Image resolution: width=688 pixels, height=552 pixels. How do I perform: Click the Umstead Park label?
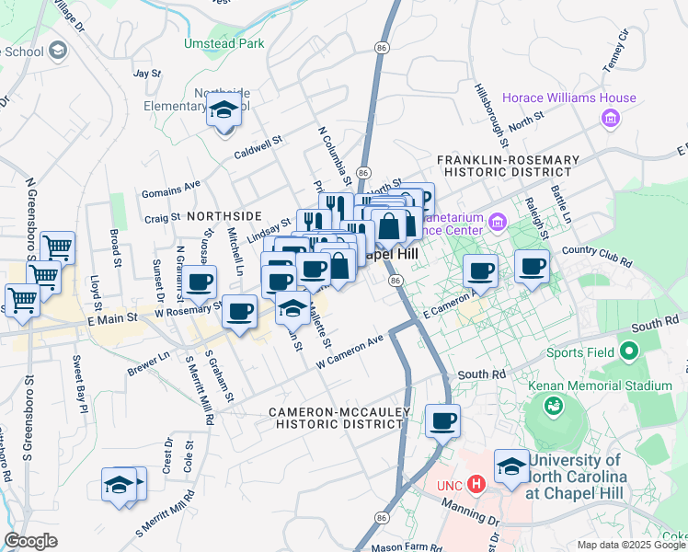coord(224,43)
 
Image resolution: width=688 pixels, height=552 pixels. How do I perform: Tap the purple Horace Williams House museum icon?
coord(609,118)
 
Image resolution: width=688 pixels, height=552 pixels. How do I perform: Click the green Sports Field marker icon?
coord(630,351)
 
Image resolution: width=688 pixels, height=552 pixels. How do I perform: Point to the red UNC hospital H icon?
coord(476,483)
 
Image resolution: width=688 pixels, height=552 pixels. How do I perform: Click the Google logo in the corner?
coord(30,541)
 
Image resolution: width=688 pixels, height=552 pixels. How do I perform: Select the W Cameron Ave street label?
coord(350,351)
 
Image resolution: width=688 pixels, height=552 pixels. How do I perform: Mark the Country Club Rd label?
coord(596,256)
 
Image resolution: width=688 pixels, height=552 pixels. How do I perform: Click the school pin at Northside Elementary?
coord(224,112)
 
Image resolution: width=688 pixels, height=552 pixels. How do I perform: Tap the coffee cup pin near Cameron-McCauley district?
coord(442,421)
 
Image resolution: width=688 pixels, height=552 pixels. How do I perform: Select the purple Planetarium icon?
coord(498,221)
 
